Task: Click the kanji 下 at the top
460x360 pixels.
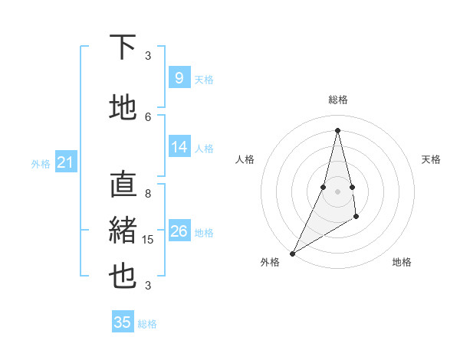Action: tap(123, 47)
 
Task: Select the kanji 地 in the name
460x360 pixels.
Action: tap(123, 107)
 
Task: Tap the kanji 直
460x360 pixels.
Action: tap(123, 185)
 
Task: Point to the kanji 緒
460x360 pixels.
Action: tap(123, 231)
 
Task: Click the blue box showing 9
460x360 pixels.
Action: tap(179, 78)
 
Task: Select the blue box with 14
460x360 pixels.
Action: tap(179, 148)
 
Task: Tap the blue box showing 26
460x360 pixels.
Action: tap(179, 231)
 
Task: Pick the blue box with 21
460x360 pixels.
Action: tap(65, 162)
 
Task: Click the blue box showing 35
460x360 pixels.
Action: tap(123, 322)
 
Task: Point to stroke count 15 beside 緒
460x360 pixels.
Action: tap(149, 240)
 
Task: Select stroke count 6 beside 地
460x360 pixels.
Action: tap(148, 116)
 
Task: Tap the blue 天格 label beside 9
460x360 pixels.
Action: tap(204, 80)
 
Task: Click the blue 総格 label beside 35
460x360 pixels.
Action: tap(147, 324)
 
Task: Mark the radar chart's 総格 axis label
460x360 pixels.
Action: tap(337, 100)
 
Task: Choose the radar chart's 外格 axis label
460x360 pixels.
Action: tap(270, 262)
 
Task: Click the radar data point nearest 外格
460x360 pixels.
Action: tap(292, 253)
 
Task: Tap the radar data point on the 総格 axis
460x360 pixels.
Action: tap(337, 129)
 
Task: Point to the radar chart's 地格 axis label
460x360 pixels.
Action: tap(402, 262)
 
